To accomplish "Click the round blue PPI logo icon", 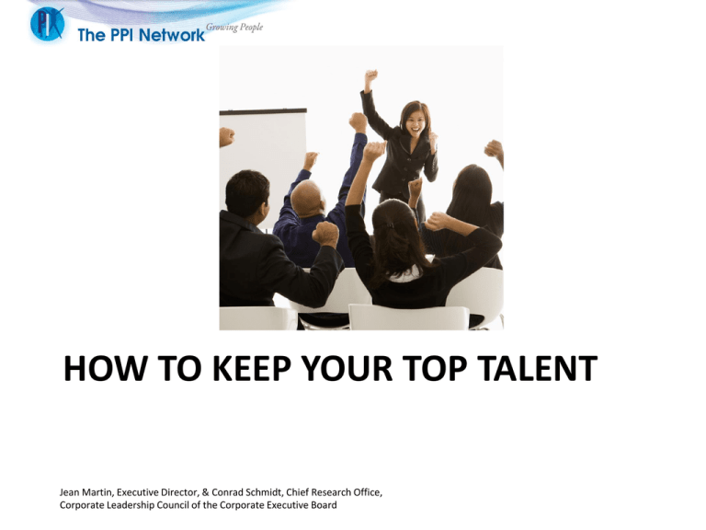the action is [47, 23].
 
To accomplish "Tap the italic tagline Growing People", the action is [234, 28].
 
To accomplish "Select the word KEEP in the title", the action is [251, 368].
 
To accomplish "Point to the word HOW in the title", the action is [106, 368].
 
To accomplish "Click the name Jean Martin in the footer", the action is [85, 492].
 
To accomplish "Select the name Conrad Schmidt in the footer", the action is [246, 492].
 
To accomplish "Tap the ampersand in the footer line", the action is [205, 492].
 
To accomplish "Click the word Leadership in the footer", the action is [131, 505].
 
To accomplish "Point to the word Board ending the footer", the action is [325, 505].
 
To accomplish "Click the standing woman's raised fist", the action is [371, 75].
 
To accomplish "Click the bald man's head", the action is [307, 198].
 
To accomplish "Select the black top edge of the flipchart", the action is [263, 111].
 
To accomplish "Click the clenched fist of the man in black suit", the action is [325, 234].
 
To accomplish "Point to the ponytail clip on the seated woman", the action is [390, 225].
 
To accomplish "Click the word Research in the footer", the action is [330, 492].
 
